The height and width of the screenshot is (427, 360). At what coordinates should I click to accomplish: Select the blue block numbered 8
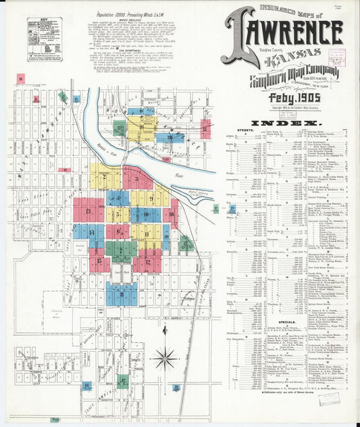(122, 293)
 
